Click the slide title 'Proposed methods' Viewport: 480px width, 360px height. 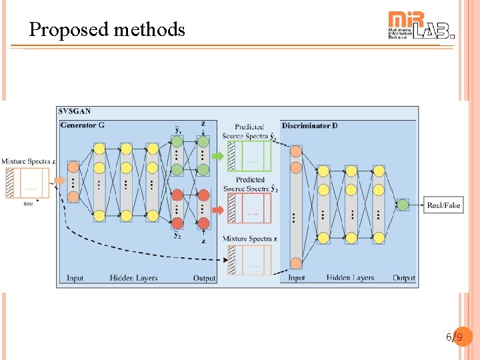click(107, 29)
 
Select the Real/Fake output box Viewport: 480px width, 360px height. click(443, 205)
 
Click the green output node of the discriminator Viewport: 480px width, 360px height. click(402, 205)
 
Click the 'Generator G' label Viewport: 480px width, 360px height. click(82, 125)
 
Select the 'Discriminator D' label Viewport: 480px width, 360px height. click(309, 125)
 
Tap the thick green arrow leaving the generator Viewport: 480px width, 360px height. click(218, 156)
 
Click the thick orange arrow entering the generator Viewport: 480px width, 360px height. click(59, 181)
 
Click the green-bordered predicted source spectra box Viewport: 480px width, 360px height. click(249, 157)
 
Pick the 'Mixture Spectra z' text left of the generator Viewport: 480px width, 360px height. click(28, 162)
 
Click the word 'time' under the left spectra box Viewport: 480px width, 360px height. click(28, 203)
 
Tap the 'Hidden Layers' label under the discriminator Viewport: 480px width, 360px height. click(350, 278)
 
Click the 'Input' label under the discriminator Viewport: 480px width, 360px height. click(296, 278)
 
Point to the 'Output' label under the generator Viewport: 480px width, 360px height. click(204, 278)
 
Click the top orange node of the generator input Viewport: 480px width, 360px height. click(73, 167)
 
